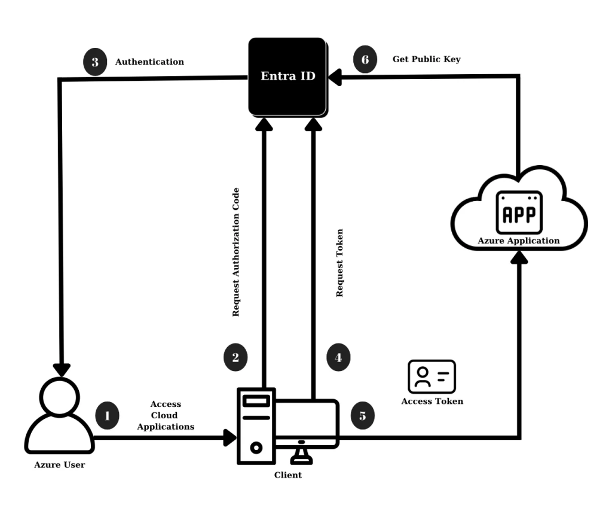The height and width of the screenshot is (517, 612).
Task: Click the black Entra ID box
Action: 287,76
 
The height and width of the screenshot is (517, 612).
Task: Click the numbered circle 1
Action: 108,415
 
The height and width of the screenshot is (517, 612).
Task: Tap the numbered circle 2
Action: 235,357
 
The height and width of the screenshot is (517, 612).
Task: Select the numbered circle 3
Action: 95,62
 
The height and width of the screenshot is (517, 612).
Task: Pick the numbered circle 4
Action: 338,357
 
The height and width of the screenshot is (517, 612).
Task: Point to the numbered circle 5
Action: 362,415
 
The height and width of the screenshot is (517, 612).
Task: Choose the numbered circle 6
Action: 365,60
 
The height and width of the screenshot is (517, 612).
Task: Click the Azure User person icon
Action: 59,415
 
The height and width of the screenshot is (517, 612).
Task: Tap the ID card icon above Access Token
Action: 432,376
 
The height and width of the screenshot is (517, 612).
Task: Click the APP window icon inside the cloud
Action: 519,212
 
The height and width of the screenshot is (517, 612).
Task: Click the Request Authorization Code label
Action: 236,252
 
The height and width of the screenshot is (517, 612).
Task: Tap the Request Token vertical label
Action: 339,263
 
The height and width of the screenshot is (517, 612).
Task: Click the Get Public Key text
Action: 426,60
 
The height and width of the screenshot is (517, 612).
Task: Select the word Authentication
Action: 149,62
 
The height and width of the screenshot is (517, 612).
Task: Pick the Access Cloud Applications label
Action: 166,415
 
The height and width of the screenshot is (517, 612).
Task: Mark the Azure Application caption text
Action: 519,241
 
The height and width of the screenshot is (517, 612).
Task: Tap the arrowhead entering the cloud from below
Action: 521,258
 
